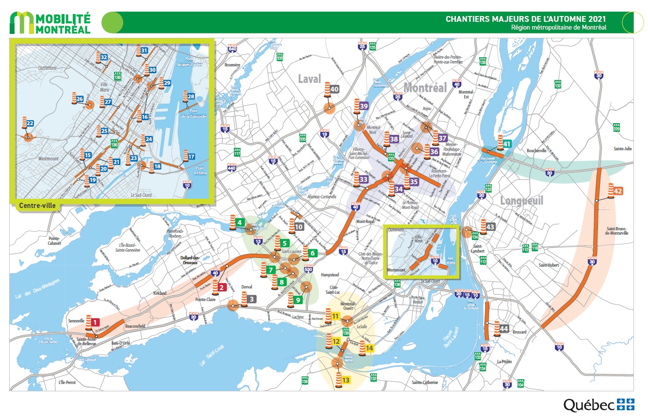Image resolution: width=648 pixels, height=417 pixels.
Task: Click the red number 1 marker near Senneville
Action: [96, 321]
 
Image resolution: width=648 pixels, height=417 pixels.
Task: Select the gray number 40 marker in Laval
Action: [335, 89]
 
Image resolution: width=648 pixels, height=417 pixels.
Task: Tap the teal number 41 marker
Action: [507, 144]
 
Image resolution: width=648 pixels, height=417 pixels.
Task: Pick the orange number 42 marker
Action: [618, 191]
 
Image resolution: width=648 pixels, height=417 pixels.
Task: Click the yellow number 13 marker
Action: [346, 380]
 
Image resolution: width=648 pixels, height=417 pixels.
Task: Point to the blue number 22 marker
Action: [30, 123]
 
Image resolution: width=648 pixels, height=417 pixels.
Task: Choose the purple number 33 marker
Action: [363, 179]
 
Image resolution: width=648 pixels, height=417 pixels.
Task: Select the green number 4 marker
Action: [239, 223]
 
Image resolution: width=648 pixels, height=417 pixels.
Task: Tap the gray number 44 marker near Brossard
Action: [504, 328]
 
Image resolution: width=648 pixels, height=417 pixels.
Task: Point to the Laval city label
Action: [310, 79]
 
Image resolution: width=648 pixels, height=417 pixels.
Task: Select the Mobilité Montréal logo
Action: [51, 23]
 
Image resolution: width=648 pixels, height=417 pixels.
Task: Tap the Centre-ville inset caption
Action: [37, 206]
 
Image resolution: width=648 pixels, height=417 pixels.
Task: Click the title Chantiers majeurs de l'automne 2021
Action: [526, 19]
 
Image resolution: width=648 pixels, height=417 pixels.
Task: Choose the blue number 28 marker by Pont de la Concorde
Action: [191, 96]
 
